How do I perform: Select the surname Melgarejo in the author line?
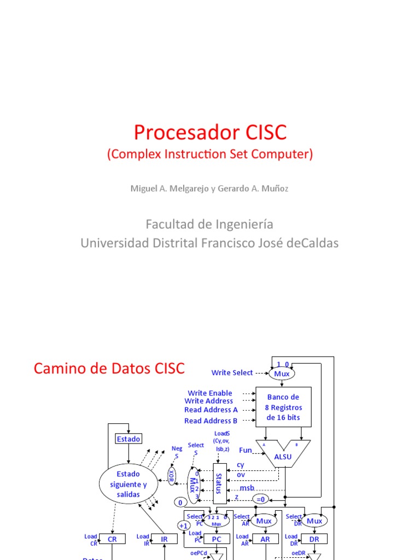184,189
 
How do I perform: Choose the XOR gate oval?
172,475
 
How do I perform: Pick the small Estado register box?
129,439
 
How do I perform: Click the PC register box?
216,539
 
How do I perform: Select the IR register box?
165,539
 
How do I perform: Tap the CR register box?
112,539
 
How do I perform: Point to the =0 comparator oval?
260,499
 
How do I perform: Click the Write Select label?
232,373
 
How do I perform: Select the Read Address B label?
211,421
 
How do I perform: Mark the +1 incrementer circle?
183,526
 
